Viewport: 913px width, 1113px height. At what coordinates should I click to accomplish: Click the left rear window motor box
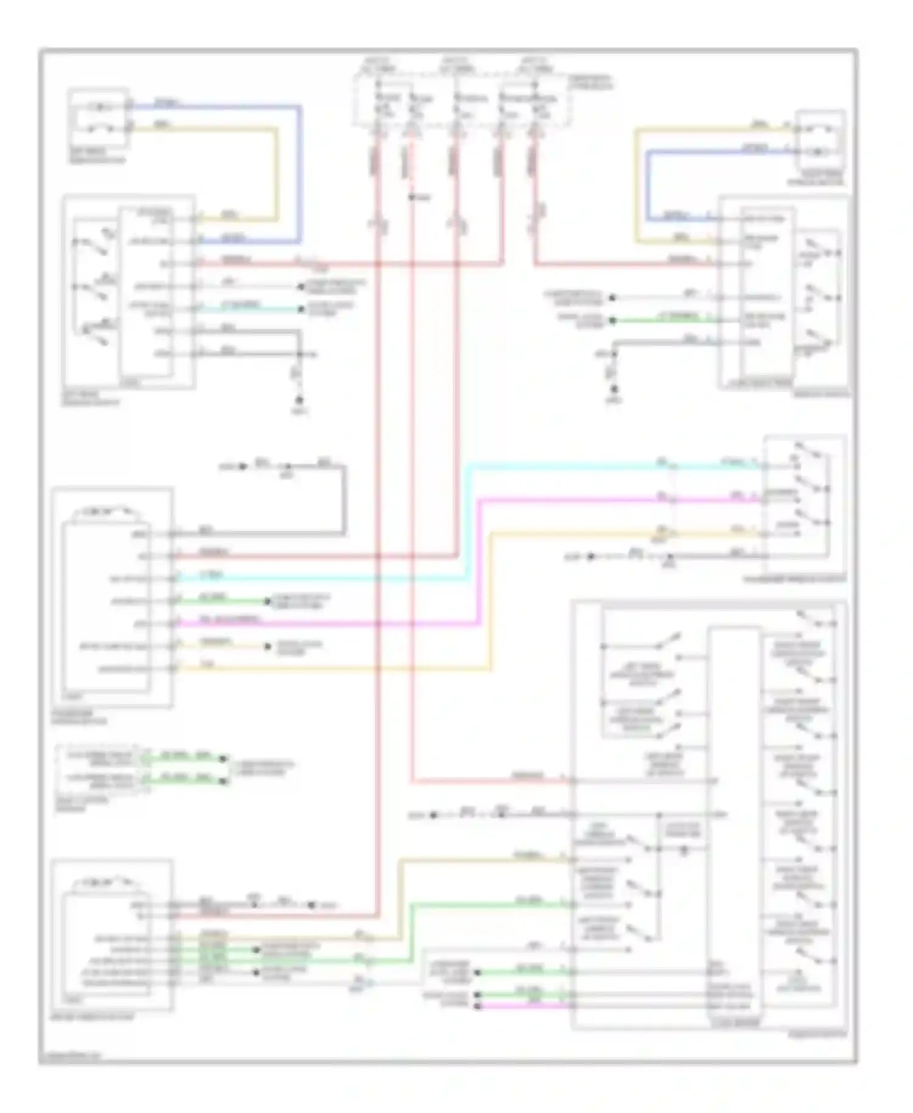(x=99, y=118)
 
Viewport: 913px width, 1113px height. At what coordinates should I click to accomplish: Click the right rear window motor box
(x=821, y=139)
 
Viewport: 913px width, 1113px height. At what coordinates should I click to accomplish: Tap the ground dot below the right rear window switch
(x=615, y=389)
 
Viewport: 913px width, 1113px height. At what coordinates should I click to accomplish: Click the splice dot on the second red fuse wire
(x=411, y=197)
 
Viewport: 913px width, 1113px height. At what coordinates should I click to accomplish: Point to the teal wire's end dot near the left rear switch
(x=301, y=309)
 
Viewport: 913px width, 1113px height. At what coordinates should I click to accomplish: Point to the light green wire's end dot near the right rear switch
(x=613, y=320)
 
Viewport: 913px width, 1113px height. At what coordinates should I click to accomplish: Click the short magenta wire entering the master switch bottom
(x=523, y=1008)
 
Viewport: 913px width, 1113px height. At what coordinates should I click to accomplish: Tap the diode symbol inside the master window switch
(x=684, y=851)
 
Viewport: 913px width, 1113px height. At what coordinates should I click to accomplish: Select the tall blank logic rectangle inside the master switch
(x=734, y=792)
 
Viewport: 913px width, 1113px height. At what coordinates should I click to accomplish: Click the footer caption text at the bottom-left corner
(x=69, y=1056)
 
